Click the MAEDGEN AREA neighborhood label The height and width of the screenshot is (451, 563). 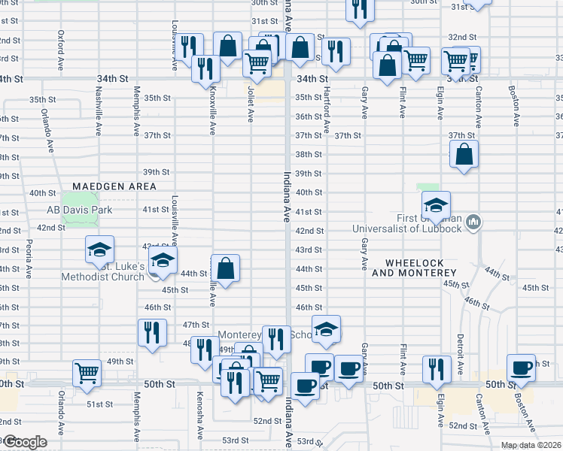pyautogui.click(x=114, y=186)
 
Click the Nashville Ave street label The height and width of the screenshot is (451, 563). pyautogui.click(x=99, y=110)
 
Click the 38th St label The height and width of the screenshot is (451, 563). pyautogui.click(x=309, y=154)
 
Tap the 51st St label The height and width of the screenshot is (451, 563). pyautogui.click(x=99, y=404)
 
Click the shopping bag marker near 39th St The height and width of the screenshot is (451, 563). pyautogui.click(x=464, y=155)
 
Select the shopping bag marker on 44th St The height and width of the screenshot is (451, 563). pyautogui.click(x=225, y=268)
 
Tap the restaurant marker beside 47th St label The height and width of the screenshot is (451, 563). pyautogui.click(x=152, y=332)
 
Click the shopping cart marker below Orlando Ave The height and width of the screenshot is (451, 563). pyautogui.click(x=87, y=372)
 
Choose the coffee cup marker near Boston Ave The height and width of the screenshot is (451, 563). pyautogui.click(x=521, y=368)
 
